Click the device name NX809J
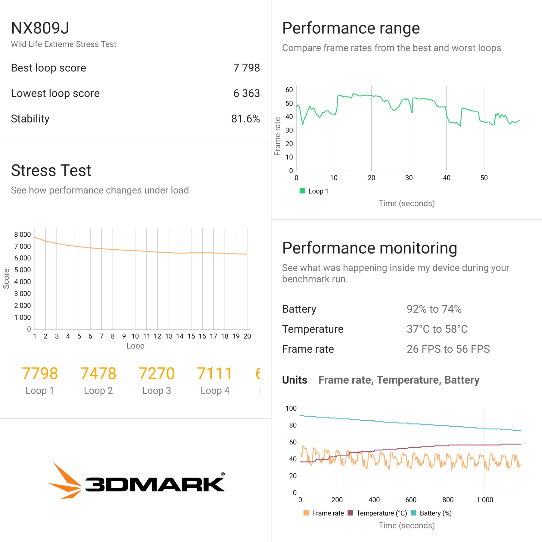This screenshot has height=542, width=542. click(40, 28)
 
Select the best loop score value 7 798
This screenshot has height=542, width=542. click(246, 68)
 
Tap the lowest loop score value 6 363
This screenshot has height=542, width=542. click(246, 93)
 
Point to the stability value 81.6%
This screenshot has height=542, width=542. click(245, 119)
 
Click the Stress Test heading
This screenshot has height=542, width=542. click(51, 170)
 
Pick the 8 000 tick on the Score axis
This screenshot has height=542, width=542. click(23, 234)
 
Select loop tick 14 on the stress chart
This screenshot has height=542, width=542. click(180, 336)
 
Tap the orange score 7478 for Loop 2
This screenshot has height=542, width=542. click(98, 373)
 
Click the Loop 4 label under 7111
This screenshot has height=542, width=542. click(215, 391)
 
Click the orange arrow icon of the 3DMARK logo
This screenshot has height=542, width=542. click(66, 481)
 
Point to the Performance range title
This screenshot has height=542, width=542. click(351, 28)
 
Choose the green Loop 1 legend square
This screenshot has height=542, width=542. click(302, 191)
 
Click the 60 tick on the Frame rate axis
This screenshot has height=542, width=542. click(289, 90)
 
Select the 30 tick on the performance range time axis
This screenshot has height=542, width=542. click(409, 178)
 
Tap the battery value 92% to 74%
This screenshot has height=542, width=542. click(434, 309)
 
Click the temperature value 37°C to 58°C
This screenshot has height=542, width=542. click(437, 329)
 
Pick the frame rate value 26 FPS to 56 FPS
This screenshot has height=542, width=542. click(448, 349)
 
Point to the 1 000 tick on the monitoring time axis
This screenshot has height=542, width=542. click(485, 500)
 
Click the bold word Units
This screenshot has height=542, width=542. click(294, 380)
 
